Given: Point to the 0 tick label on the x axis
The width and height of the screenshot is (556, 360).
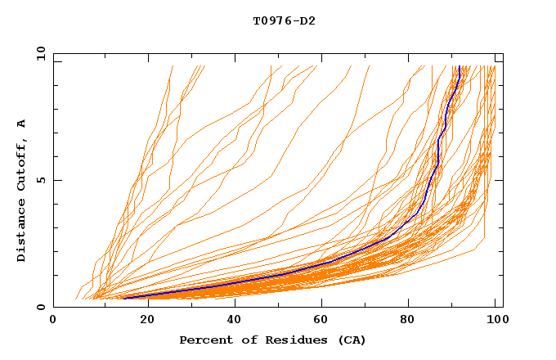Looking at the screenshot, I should pos(53,321).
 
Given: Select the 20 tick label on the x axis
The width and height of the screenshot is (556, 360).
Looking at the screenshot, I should pos(142,321).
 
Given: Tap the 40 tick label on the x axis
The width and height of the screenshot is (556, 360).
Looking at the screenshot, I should pos(231,321).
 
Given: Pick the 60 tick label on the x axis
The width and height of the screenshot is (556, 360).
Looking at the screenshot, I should pos(320,321).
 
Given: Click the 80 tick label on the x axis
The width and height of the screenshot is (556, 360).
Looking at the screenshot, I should pos(408,321).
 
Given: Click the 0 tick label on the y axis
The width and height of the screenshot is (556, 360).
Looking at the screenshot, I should pos(41,307).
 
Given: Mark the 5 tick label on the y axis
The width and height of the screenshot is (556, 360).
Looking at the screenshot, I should pos(41,180).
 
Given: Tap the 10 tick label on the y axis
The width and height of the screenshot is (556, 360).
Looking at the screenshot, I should pos(38,53).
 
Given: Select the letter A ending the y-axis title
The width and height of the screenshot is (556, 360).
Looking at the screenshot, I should pos(22,123).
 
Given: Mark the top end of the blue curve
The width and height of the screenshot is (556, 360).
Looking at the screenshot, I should pos(460,67).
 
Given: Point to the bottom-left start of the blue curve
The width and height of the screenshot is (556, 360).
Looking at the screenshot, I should pos(124,298).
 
